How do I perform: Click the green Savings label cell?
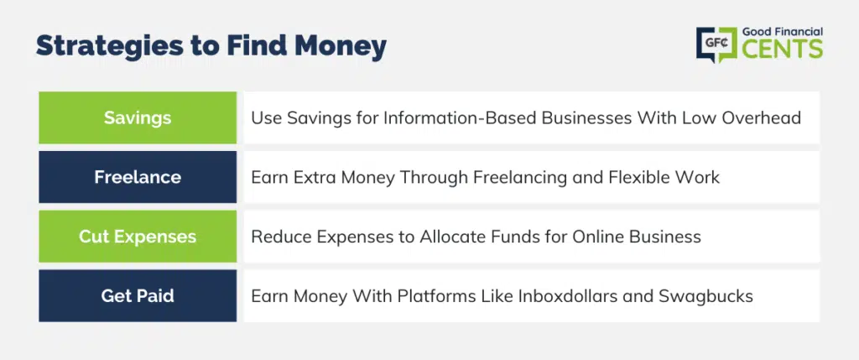[138, 117]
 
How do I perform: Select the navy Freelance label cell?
[138, 177]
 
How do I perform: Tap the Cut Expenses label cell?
[138, 236]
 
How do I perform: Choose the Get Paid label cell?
[138, 296]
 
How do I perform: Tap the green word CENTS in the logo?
[783, 49]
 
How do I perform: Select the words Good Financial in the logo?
[783, 32]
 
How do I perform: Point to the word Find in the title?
[258, 46]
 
